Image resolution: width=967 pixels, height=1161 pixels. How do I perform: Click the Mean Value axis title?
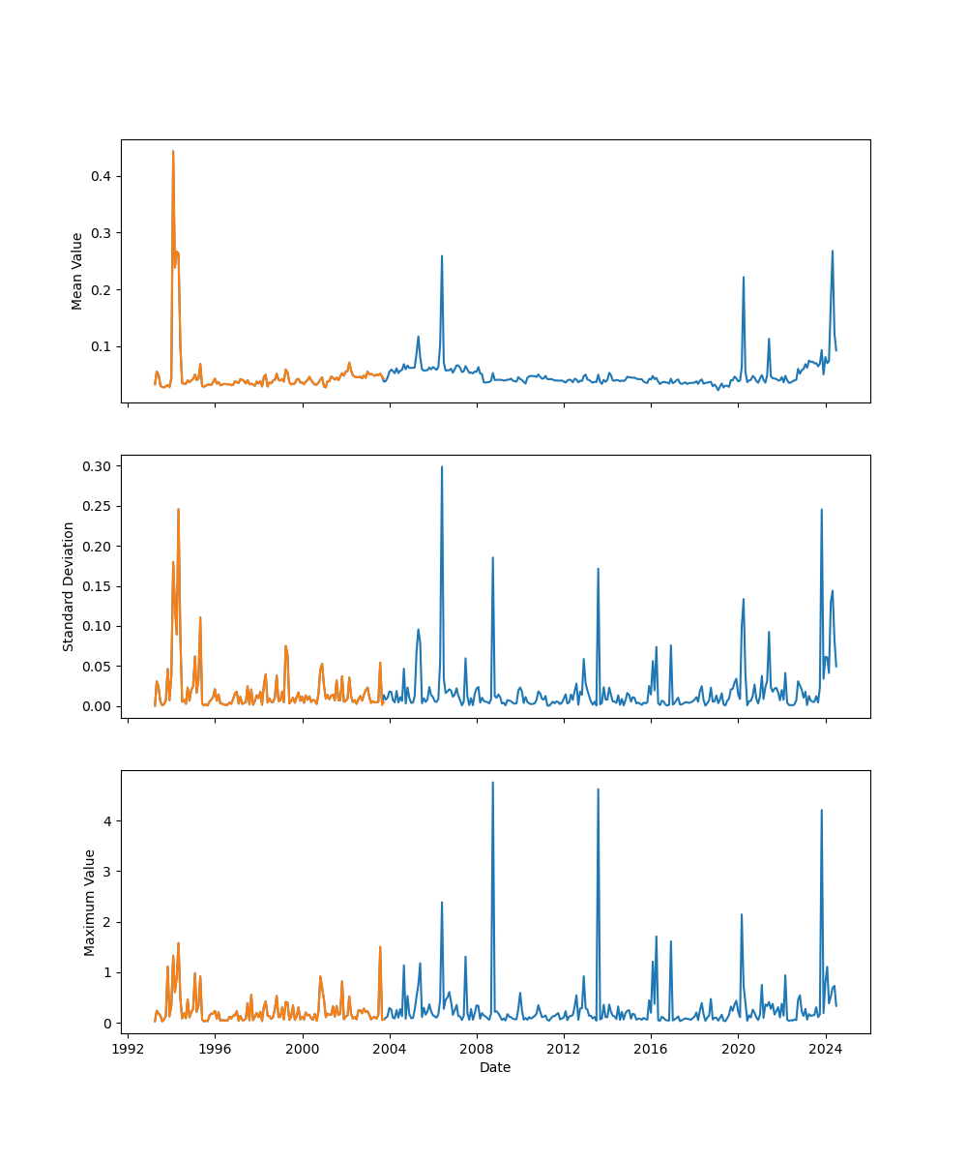(77, 271)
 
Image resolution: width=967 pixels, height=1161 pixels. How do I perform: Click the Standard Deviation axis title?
(69, 586)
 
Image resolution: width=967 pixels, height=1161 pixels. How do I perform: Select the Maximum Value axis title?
(90, 903)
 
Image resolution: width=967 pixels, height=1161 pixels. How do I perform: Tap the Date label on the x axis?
(495, 1067)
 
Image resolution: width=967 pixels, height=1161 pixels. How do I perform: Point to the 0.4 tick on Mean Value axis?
(101, 176)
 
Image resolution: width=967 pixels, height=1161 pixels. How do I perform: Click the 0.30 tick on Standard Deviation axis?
(96, 466)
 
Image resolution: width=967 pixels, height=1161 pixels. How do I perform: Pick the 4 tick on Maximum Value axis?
(105, 821)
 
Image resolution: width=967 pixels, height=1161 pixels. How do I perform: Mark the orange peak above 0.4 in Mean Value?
(173, 151)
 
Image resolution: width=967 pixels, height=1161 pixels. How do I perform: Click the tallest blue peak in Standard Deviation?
(442, 467)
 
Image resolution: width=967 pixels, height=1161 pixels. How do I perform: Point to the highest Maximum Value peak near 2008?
(492, 783)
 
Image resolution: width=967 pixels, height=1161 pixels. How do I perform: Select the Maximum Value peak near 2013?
(598, 789)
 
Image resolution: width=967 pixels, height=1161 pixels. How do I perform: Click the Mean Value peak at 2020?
(743, 278)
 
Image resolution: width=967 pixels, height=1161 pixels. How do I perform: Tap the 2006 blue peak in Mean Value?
(442, 256)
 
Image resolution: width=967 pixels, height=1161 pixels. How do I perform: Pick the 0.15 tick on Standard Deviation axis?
(96, 586)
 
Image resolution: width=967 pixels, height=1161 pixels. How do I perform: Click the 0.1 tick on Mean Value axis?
(101, 346)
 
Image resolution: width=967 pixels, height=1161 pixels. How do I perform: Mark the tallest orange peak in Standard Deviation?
(178, 509)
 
